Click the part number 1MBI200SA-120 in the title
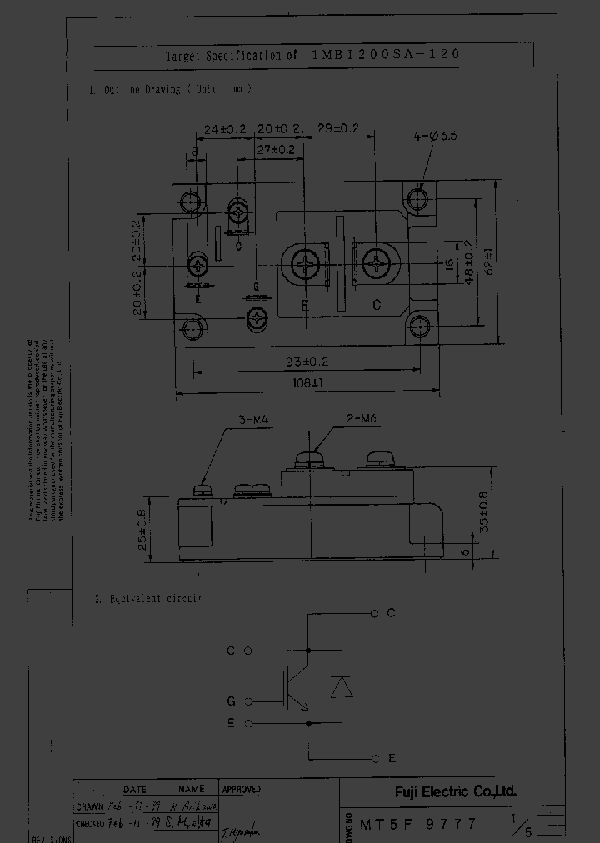pyautogui.click(x=384, y=55)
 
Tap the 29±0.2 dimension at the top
pyautogui.click(x=337, y=128)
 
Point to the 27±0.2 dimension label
pyautogui.click(x=276, y=150)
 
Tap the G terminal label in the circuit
pyautogui.click(x=231, y=701)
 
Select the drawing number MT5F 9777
pyautogui.click(x=418, y=824)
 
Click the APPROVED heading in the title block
pyautogui.click(x=242, y=788)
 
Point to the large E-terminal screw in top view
pyautogui.click(x=306, y=266)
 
